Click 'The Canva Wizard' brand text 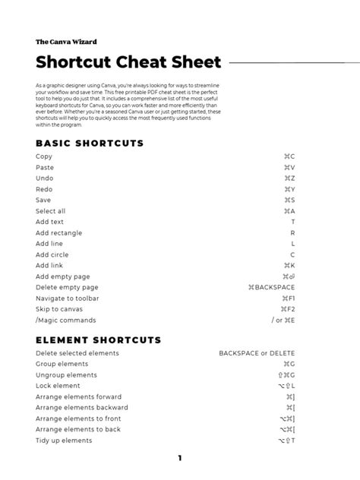coord(66,41)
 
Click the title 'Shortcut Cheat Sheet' coord(128,62)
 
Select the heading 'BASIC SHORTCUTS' coord(90,144)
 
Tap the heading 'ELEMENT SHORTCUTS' coord(98,340)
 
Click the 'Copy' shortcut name coord(44,156)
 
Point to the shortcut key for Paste coord(289,167)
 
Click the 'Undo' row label coord(45,178)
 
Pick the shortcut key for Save coord(289,200)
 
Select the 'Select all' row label coord(51,210)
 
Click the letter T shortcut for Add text coord(292,222)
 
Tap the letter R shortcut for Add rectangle coord(292,232)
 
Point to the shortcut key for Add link coord(289,266)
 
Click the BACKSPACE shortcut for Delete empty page coord(272,288)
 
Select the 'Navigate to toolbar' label coord(68,298)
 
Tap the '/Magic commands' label coord(65,321)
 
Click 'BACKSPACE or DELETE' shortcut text coord(257,353)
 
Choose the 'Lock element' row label coord(58,386)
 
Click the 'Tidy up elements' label coord(64,441)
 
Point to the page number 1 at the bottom coord(180,458)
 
